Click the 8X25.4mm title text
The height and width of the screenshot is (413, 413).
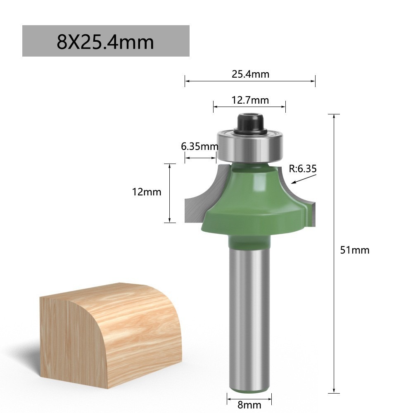105,42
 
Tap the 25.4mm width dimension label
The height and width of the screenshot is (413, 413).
251,74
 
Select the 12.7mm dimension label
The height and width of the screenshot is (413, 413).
250,100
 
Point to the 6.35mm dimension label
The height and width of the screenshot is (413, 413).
199,147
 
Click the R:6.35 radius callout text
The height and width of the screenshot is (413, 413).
303,169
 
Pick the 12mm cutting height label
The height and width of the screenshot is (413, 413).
147,192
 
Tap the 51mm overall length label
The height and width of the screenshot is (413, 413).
354,250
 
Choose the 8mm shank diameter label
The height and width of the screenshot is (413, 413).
249,405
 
